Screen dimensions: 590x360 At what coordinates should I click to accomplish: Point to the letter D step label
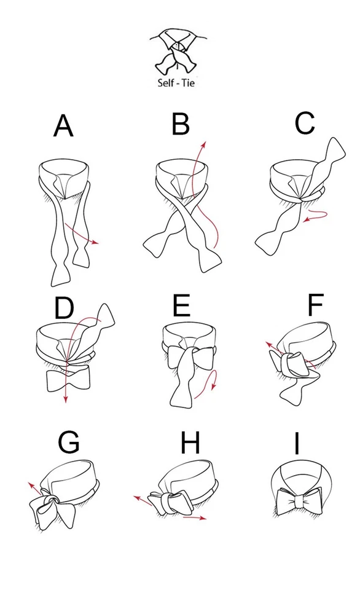pyautogui.click(x=64, y=307)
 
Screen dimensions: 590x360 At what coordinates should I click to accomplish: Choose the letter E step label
pyautogui.click(x=181, y=305)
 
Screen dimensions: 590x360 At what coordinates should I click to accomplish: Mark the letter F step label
pyautogui.click(x=315, y=305)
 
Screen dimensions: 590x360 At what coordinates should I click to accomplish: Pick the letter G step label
pyautogui.click(x=69, y=442)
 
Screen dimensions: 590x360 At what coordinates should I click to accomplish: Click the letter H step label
pyautogui.click(x=190, y=442)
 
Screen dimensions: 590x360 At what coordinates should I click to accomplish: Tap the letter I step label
pyautogui.click(x=297, y=442)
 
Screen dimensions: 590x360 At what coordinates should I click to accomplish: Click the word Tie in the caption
pyautogui.click(x=187, y=82)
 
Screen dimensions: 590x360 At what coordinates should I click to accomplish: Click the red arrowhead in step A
pyautogui.click(x=95, y=243)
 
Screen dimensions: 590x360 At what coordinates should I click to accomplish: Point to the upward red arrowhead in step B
pyautogui.click(x=205, y=144)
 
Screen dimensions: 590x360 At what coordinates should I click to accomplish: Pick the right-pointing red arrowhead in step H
pyautogui.click(x=204, y=518)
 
